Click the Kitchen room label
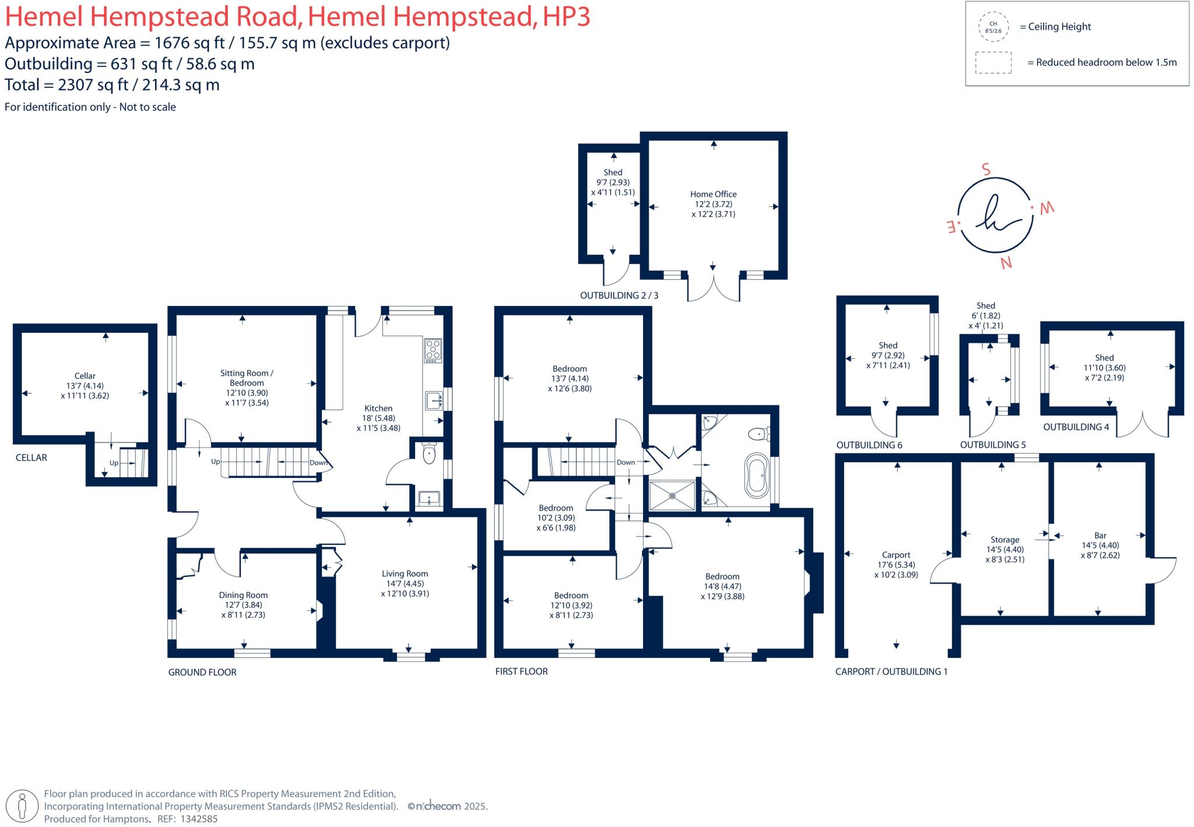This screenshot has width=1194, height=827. point(378,409)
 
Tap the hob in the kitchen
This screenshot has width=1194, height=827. point(433,350)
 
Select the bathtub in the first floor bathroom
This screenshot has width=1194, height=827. point(757,476)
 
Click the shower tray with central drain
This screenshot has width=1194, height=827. point(672,495)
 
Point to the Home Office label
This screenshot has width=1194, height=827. point(713,194)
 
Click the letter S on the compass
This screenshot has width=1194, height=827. point(986,170)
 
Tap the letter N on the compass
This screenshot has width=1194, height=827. point(1006,263)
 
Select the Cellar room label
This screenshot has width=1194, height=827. point(85,376)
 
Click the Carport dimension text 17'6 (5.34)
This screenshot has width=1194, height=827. point(895,565)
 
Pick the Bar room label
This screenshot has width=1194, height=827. point(1100,535)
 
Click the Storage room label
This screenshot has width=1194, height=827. point(1005,540)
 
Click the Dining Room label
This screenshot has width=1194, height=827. point(243,595)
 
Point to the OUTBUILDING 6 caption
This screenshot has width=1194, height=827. point(869,445)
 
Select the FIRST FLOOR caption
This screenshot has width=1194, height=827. point(521,671)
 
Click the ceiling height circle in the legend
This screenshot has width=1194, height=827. point(992,27)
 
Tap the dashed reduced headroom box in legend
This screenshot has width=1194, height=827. point(993,63)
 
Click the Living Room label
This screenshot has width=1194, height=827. point(405,573)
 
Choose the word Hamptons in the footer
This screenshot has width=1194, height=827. point(125,819)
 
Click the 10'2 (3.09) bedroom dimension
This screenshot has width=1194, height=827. point(556,518)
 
